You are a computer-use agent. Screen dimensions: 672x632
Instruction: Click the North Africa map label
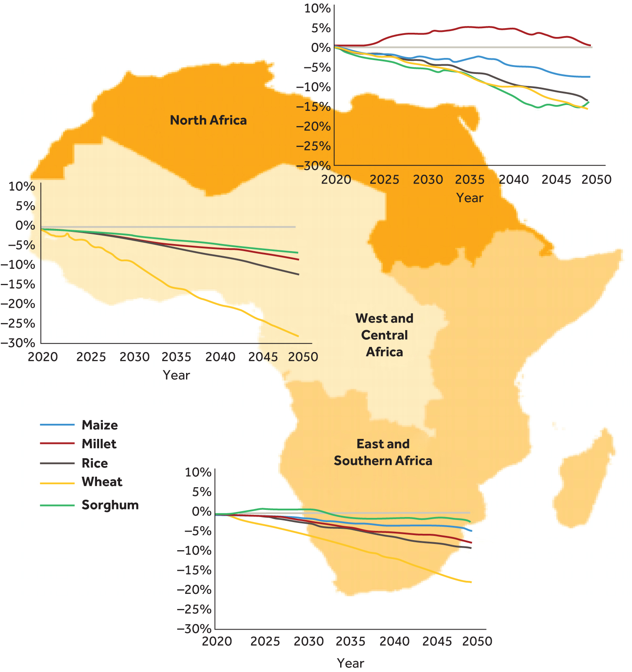tap(208, 121)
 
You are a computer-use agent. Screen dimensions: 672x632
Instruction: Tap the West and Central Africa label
tap(384, 335)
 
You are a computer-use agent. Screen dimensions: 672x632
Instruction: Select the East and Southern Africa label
tap(383, 452)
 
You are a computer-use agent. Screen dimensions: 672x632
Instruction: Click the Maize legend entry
tap(100, 425)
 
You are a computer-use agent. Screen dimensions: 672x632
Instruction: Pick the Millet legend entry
tap(99, 444)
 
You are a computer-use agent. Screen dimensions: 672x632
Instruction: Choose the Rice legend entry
tap(94, 463)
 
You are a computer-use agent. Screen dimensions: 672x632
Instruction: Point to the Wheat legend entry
tap(102, 482)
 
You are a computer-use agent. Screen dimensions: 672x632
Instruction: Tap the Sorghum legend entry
tap(110, 505)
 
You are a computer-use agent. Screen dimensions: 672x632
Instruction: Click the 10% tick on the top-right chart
tap(317, 8)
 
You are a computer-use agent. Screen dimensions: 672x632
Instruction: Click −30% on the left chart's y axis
tap(18, 343)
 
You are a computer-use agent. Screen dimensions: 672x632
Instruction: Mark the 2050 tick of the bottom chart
tap(477, 642)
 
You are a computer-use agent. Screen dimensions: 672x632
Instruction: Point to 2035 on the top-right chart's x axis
tap(470, 180)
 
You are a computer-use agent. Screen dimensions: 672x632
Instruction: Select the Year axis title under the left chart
tap(176, 375)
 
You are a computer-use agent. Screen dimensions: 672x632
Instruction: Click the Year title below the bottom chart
tap(350, 663)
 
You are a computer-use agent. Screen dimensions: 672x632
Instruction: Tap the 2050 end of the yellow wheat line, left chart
tap(298, 336)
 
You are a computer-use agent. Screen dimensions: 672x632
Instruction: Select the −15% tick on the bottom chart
tap(194, 570)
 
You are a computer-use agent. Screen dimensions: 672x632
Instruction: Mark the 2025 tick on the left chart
tap(91, 357)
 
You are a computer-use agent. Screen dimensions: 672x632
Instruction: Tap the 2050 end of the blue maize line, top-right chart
tap(590, 77)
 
